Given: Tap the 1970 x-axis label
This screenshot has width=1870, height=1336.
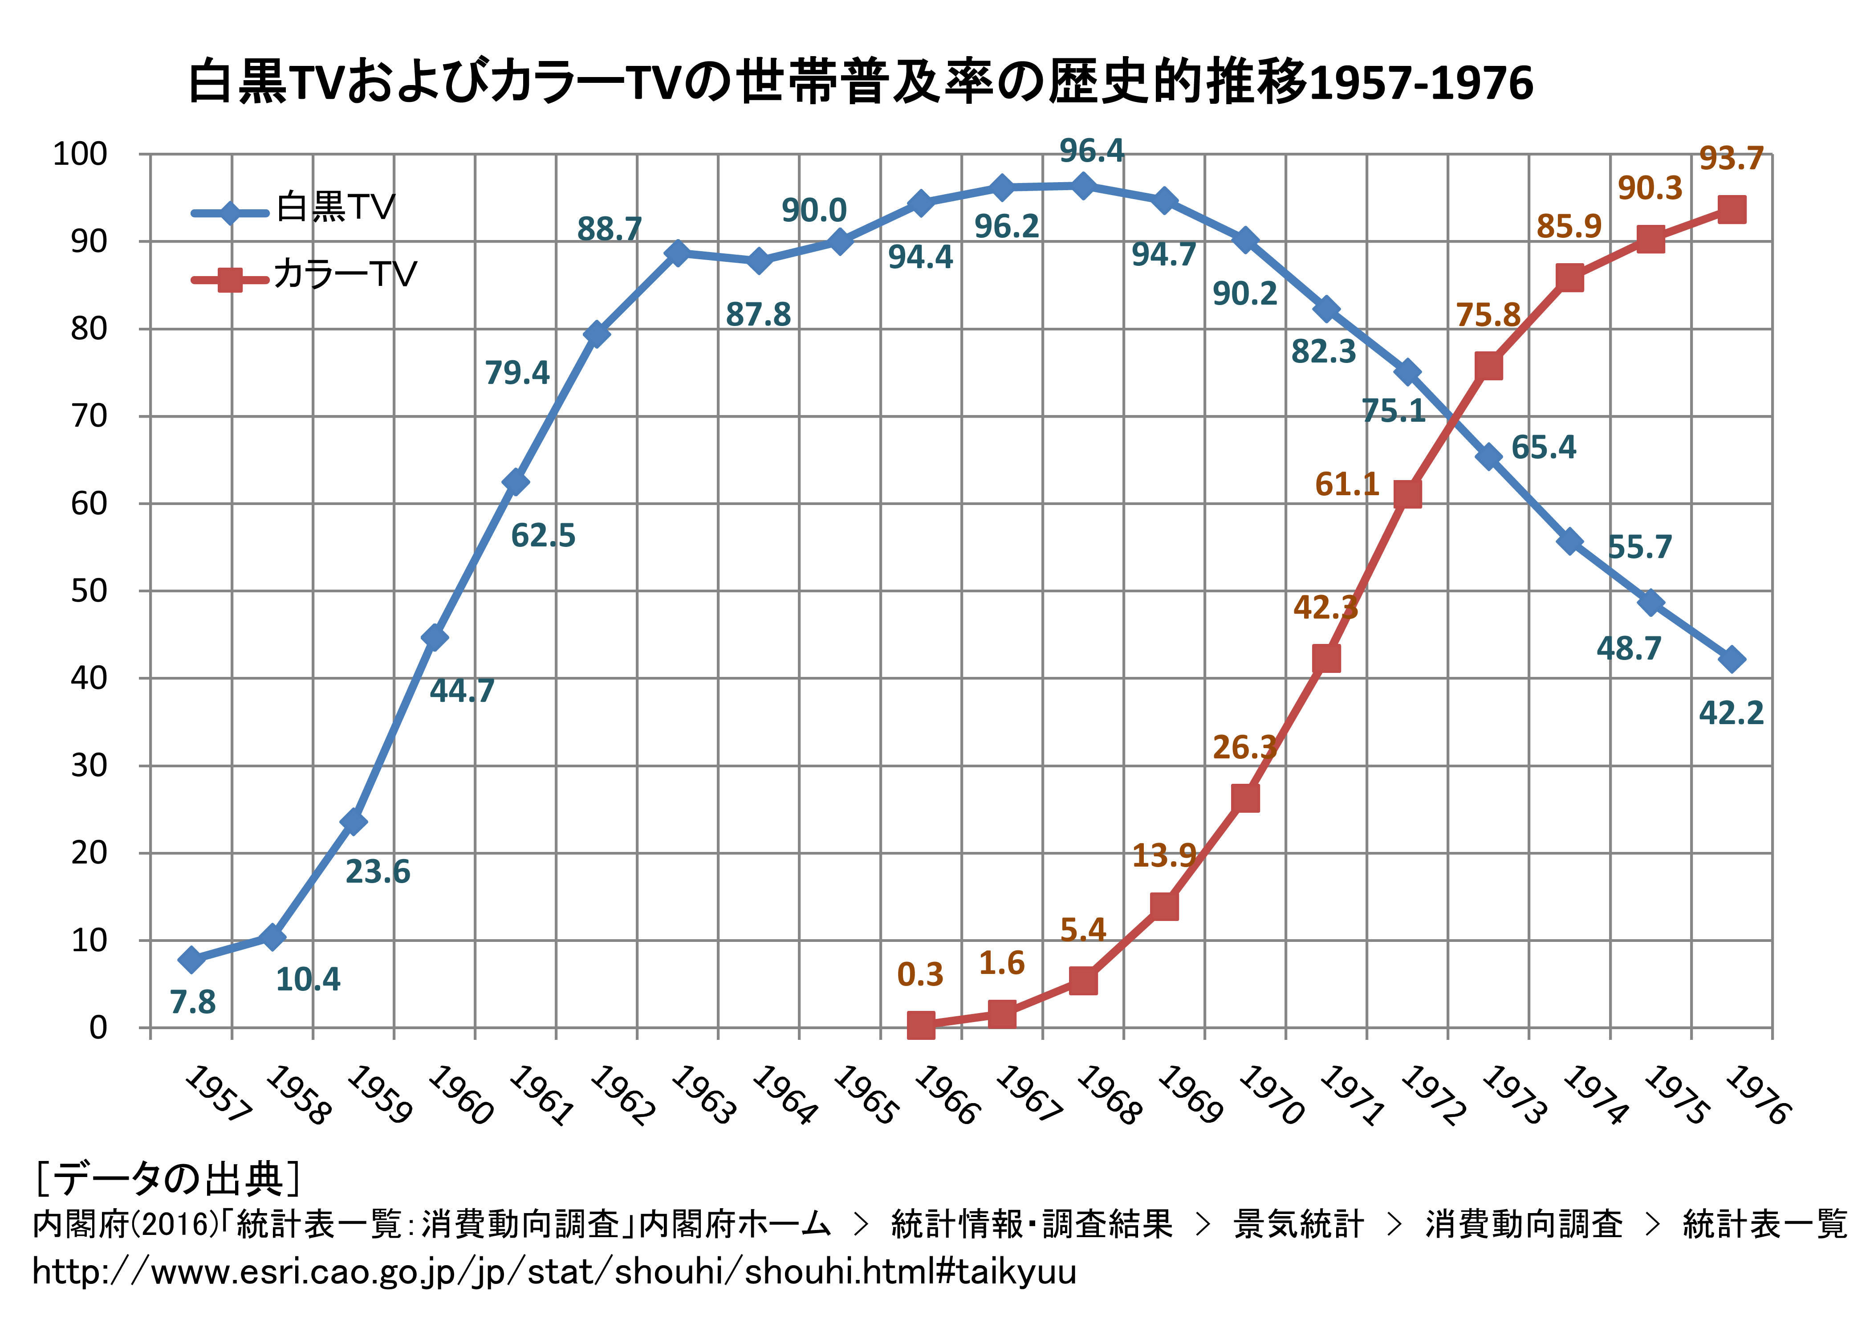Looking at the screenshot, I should click(x=1271, y=1094).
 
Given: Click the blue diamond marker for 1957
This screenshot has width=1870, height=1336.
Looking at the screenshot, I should click(x=191, y=959).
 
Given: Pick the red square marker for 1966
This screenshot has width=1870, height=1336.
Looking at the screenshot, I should click(x=921, y=1025).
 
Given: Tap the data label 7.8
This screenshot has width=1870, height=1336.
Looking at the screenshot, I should click(x=192, y=1002).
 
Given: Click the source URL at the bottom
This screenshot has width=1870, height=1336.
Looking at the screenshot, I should click(x=553, y=1272).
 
